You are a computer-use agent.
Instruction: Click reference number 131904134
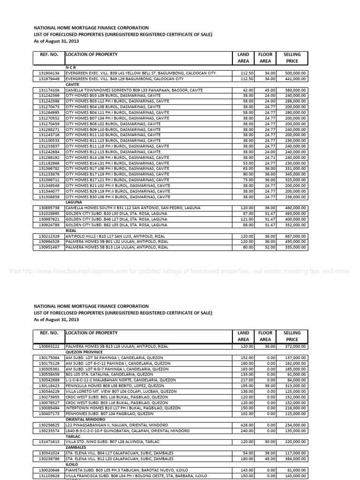click(49, 73)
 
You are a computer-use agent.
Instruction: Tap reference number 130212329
click(49, 236)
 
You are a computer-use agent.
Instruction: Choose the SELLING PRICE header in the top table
click(292, 58)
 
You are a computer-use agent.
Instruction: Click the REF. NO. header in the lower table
click(49, 333)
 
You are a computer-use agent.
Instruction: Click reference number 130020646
click(49, 470)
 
